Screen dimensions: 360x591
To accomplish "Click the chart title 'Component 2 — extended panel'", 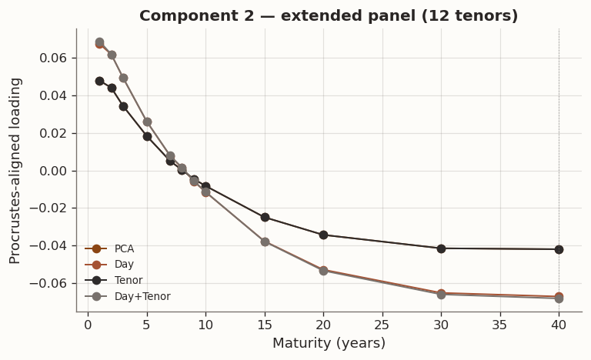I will click(329, 16).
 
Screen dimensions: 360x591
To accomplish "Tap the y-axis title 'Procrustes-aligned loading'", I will click(15, 170).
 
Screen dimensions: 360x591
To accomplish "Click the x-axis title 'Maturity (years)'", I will click(329, 343).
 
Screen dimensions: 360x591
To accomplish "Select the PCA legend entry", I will click(124, 248).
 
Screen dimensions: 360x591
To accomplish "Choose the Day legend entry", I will click(124, 265).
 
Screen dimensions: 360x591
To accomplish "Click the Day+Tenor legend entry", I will click(142, 296).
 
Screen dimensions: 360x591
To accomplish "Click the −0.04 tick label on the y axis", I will click(52, 246).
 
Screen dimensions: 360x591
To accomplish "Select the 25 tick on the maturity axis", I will click(382, 324).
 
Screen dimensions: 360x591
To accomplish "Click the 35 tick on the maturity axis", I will click(500, 324).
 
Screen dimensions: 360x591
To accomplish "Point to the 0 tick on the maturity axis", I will click(88, 324).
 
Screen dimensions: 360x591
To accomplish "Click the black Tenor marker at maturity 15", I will click(265, 217).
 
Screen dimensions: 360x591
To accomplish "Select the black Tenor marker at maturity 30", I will click(441, 248).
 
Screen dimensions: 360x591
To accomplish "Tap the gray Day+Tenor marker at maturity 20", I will click(323, 271).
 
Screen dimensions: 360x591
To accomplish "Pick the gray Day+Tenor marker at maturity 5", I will click(147, 122).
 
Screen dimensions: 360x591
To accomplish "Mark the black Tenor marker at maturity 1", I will click(99, 81).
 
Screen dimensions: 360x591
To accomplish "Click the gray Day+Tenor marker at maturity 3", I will click(123, 78).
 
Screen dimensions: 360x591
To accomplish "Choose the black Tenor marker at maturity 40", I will click(559, 249).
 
